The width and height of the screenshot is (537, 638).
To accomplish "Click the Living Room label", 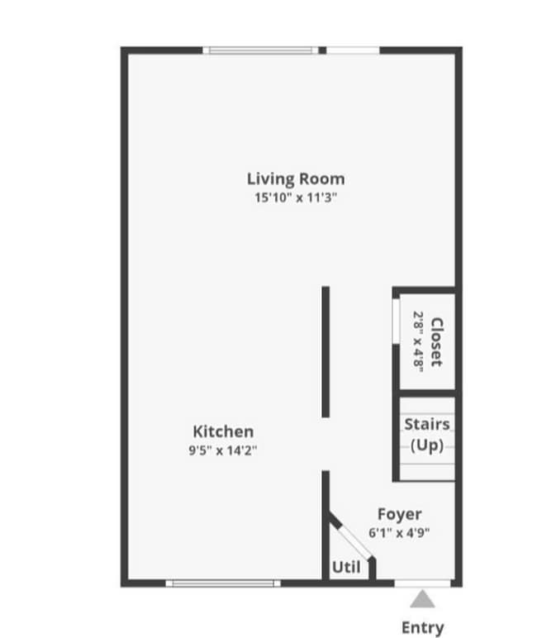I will coord(296,179).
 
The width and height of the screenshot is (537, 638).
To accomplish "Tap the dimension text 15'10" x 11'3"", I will coord(296,198).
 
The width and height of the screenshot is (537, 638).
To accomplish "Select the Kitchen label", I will coord(223,431).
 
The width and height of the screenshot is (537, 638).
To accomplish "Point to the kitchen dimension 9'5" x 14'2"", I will coord(223,450).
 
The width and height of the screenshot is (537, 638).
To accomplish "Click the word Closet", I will coord(437,342).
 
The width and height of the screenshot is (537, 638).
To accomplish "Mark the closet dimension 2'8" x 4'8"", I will coord(418,342).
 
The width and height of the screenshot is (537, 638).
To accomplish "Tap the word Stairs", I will coord(427,425).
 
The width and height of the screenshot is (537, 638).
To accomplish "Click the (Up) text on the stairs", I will coord(427,445).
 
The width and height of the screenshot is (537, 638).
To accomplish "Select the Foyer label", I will coord(399,514).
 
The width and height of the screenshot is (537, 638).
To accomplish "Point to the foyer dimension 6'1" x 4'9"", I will coord(399,533).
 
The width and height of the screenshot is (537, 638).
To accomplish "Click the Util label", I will coord(345,568).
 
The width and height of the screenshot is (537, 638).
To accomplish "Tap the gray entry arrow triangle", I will coord(422,598).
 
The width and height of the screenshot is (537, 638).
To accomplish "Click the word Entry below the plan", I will coord(422,627).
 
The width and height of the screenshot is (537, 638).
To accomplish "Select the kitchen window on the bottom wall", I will coord(223,583).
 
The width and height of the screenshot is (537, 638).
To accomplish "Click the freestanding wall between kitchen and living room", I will coord(326,351).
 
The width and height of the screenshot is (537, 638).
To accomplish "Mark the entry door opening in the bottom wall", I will coord(422,583).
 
